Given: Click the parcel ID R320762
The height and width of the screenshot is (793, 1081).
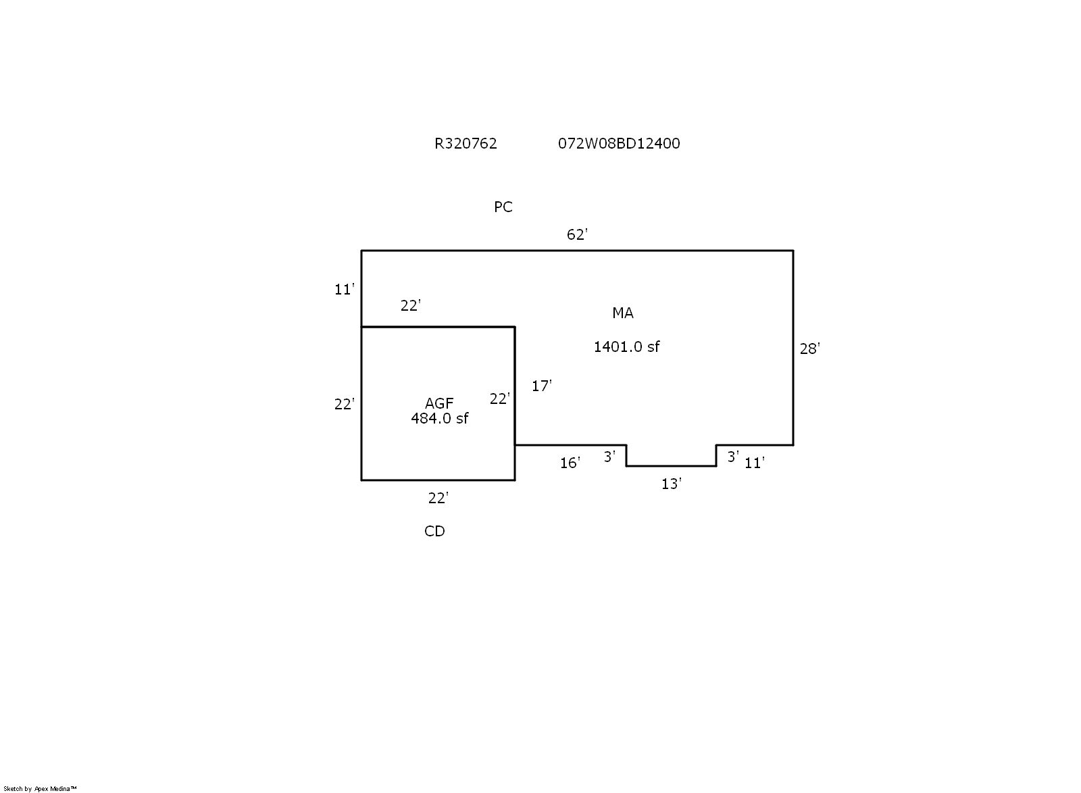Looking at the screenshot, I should pyautogui.click(x=466, y=143).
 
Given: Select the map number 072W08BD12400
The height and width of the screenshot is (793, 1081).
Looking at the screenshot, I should pyautogui.click(x=618, y=143).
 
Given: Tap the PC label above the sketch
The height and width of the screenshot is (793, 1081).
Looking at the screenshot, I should pyautogui.click(x=503, y=207).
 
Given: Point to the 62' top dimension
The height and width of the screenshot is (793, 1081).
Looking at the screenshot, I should pyautogui.click(x=577, y=234).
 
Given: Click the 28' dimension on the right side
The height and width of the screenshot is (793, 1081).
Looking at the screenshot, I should pyautogui.click(x=809, y=349).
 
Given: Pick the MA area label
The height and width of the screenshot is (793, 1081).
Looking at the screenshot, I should pyautogui.click(x=622, y=313).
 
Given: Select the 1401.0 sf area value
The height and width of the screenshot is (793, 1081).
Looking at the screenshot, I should pyautogui.click(x=626, y=347).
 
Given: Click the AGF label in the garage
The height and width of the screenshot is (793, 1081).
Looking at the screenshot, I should pyautogui.click(x=439, y=403).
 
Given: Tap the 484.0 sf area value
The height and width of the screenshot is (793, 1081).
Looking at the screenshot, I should pyautogui.click(x=439, y=418).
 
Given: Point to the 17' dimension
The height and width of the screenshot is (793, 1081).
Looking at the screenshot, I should pyautogui.click(x=541, y=386).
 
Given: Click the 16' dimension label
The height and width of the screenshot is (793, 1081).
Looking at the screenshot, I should pyautogui.click(x=570, y=463).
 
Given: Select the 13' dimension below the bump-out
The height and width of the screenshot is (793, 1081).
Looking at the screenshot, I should pyautogui.click(x=671, y=484).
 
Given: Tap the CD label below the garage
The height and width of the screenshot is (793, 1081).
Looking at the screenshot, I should pyautogui.click(x=434, y=532).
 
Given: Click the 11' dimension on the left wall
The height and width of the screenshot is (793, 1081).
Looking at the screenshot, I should pyautogui.click(x=344, y=290).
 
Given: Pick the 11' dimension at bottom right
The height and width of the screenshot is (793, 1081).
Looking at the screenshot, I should pyautogui.click(x=754, y=463).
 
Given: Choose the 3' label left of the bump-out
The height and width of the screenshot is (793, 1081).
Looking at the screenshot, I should pyautogui.click(x=609, y=457).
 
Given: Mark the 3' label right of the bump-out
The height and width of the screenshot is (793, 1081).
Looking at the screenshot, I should pyautogui.click(x=733, y=457).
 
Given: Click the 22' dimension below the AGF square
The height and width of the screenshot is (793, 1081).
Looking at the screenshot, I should pyautogui.click(x=438, y=498).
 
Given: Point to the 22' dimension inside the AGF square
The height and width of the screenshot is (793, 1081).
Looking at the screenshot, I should pyautogui.click(x=499, y=399).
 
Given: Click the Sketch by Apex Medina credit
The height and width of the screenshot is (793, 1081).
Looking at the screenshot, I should pyautogui.click(x=41, y=788).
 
